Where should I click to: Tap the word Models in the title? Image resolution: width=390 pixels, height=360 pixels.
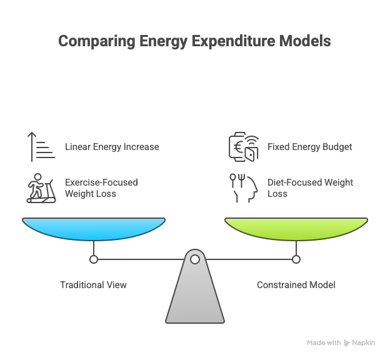307,42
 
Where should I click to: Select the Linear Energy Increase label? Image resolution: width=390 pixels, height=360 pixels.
112,147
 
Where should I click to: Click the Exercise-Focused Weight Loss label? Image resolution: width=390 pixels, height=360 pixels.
101,188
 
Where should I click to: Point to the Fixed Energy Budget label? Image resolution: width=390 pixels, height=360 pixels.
310,147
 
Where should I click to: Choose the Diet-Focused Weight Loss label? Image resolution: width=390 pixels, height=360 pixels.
310,188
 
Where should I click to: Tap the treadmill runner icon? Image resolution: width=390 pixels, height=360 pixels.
39,188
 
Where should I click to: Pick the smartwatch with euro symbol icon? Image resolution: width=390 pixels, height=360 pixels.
242,147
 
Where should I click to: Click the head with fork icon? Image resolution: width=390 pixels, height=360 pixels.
242,188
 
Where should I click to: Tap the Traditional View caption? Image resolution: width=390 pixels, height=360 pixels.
93,285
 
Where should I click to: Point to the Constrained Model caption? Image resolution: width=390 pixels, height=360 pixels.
296,285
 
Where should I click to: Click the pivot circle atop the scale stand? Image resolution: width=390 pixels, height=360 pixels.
195,259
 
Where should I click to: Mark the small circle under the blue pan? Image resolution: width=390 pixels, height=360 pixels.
94,259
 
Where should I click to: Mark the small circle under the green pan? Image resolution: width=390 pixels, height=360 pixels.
296,259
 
